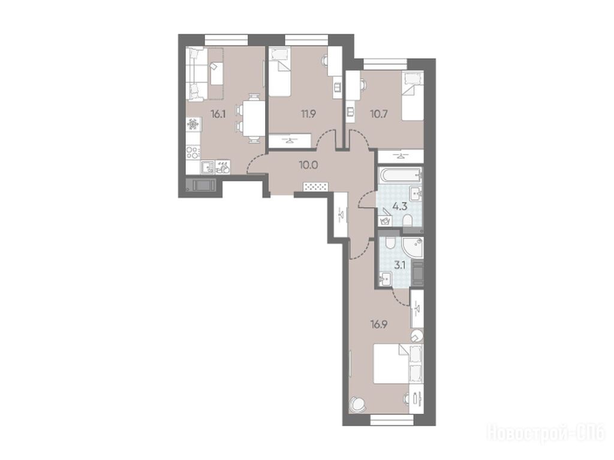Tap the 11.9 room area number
pos(309,114)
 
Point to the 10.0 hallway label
pos(309,165)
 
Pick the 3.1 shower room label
pos(399,266)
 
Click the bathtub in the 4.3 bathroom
pos(400,174)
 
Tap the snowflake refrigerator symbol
pos(193,125)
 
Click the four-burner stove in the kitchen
pos(193,152)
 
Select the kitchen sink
pos(207,168)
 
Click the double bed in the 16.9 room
pos(398,364)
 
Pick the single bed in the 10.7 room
pos(413,96)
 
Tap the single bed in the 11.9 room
pos(279,72)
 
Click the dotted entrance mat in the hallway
pos(315,187)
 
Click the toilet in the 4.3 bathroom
pos(408,221)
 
